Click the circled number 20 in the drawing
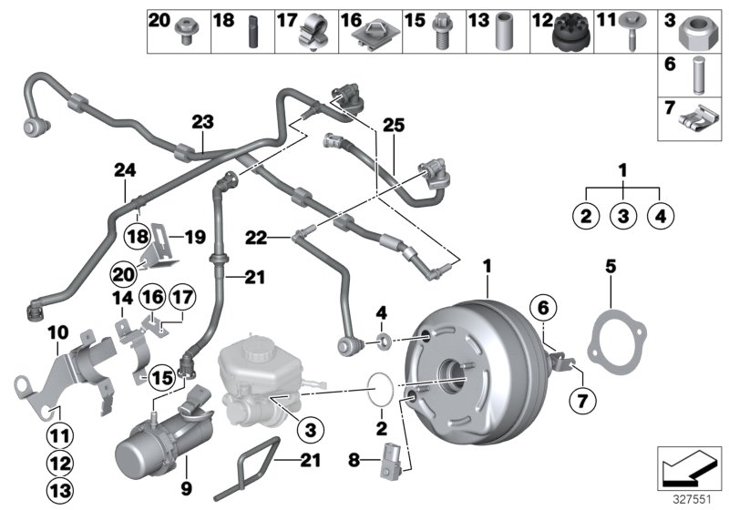[x=123, y=273]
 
